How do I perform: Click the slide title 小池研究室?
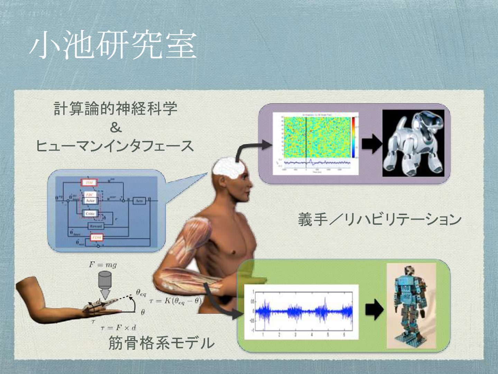(113, 45)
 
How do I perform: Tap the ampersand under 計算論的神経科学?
(116, 128)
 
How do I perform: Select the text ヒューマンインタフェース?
(115, 146)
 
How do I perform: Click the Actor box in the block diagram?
(90, 201)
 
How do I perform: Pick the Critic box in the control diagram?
(90, 214)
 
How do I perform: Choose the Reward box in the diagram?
(95, 226)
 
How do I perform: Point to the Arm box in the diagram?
(139, 201)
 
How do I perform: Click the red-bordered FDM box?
(97, 238)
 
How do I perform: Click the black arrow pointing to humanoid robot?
(374, 308)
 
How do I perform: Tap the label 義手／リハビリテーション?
(379, 220)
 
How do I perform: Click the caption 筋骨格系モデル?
(161, 343)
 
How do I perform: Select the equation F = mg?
(103, 265)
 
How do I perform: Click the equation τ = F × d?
(118, 327)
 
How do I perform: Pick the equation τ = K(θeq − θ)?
(175, 301)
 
